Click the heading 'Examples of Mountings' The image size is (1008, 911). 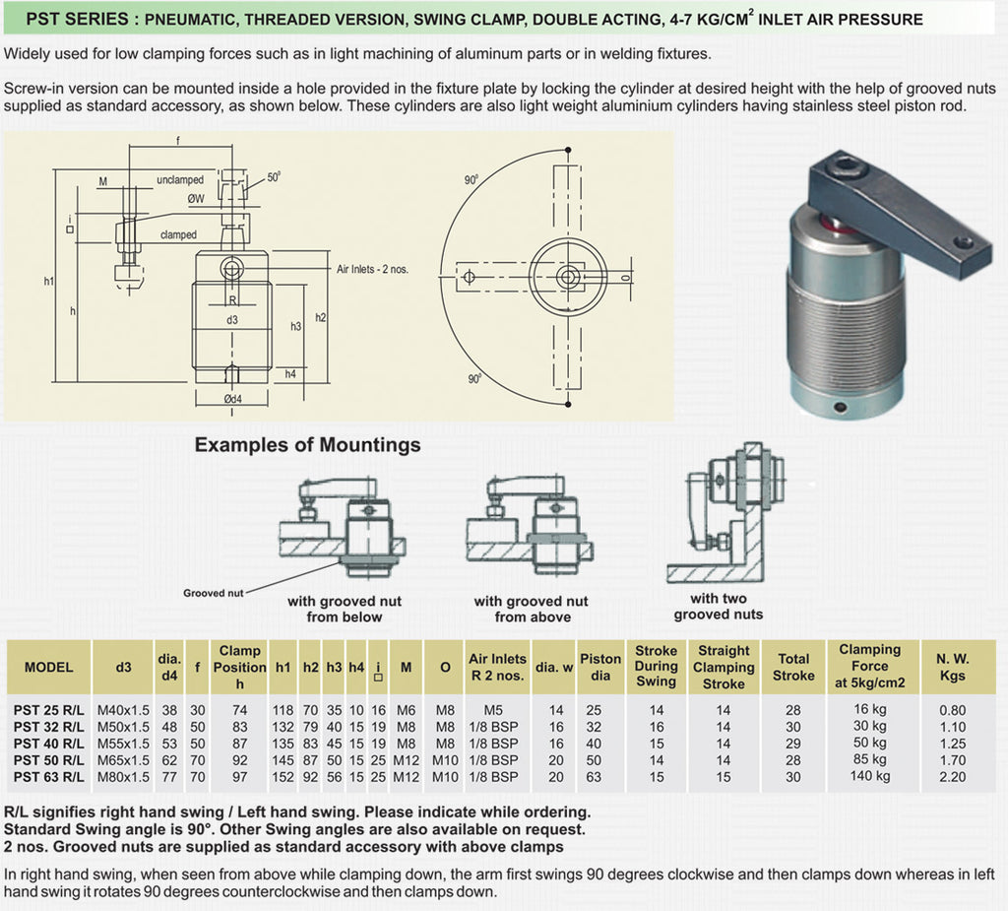click(x=307, y=445)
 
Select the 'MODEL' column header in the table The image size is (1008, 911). click(x=49, y=667)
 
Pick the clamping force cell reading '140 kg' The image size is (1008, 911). click(x=870, y=776)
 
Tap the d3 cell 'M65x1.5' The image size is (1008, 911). click(x=123, y=760)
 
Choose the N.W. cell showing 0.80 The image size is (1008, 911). click(x=953, y=710)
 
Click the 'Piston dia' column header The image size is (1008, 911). click(x=600, y=667)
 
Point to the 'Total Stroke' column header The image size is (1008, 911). click(x=793, y=667)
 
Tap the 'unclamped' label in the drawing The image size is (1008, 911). click(x=180, y=180)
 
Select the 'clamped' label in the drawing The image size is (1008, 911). click(x=178, y=235)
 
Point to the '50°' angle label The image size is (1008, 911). click(x=274, y=178)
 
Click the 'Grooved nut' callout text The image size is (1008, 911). click(x=213, y=593)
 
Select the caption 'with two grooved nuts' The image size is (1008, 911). click(x=719, y=607)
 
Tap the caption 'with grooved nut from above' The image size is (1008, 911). click(x=531, y=609)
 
